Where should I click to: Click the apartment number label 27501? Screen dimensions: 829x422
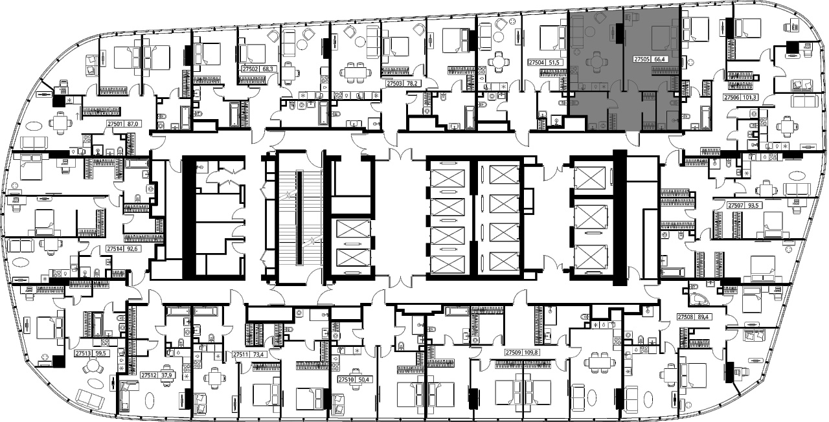tap(115, 124)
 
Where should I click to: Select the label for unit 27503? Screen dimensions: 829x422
tap(394, 83)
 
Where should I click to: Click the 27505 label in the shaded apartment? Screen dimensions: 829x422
tap(641, 59)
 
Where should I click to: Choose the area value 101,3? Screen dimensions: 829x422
tap(748, 98)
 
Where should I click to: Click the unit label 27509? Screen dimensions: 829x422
tap(514, 353)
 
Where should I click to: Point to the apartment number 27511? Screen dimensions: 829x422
tap(240, 354)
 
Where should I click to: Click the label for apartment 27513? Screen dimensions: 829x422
tap(83, 353)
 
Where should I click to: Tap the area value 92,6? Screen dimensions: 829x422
tap(132, 249)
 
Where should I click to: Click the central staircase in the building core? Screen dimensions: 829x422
tap(299, 217)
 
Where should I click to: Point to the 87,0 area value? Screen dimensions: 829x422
tap(132, 124)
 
